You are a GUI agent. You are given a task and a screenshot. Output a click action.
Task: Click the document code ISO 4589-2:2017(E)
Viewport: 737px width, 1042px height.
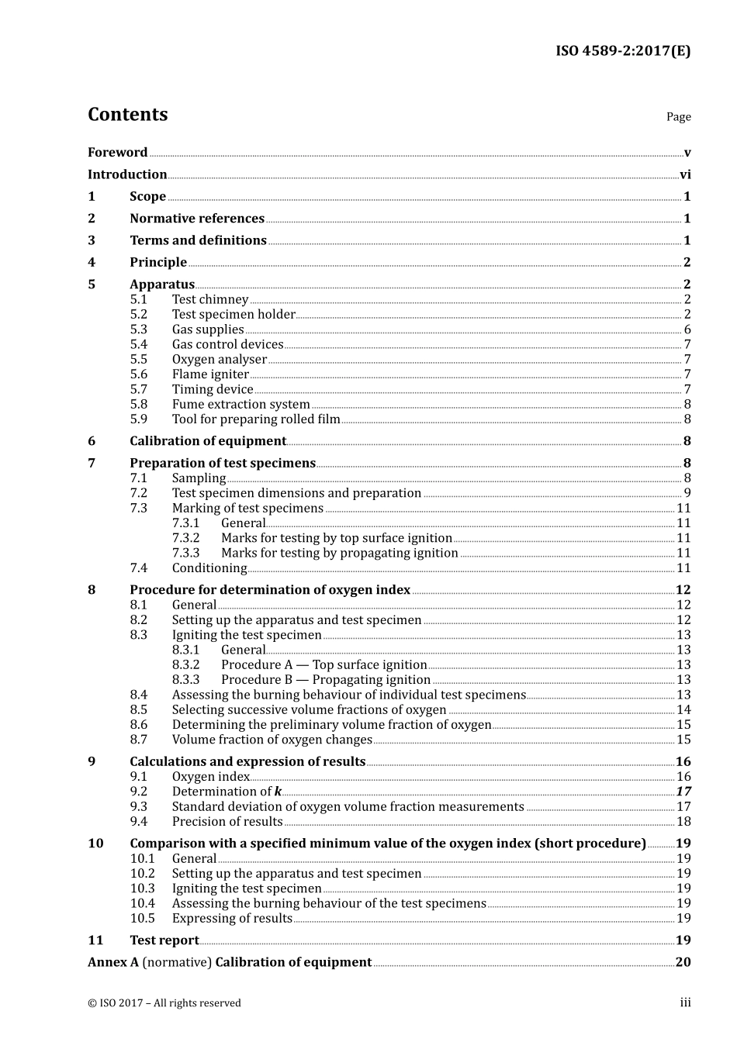click(622, 51)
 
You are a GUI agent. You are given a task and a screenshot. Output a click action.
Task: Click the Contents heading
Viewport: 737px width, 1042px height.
click(127, 115)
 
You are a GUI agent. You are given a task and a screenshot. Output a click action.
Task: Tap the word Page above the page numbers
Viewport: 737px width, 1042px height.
click(678, 117)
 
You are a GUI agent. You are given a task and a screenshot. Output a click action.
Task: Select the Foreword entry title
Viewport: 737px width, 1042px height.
click(117, 153)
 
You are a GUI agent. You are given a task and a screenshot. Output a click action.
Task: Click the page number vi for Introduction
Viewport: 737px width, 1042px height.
click(685, 174)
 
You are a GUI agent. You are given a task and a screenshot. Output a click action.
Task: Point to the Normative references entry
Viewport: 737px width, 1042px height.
click(197, 219)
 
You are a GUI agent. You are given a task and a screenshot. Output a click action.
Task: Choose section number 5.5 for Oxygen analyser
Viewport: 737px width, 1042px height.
click(138, 359)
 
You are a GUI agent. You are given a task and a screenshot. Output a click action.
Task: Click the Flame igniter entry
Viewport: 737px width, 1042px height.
click(210, 374)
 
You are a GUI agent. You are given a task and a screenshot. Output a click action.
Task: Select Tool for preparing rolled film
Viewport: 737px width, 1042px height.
click(256, 419)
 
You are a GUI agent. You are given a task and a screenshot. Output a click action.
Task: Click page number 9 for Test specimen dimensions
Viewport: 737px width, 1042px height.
click(687, 493)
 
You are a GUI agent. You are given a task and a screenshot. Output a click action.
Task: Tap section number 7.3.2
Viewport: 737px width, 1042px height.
click(185, 538)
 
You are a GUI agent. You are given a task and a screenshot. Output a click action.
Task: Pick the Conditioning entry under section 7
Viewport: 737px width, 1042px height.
click(209, 568)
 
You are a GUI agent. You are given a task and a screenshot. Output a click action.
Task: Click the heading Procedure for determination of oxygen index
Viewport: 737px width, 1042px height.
click(270, 590)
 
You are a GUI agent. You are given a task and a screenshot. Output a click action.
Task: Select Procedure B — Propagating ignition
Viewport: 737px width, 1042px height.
click(326, 680)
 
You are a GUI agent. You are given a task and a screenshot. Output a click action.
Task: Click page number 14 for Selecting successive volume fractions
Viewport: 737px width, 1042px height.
click(683, 710)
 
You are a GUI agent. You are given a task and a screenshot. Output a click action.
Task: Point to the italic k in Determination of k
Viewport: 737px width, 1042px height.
click(278, 792)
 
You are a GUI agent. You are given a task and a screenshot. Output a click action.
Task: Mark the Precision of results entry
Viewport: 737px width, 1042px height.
click(227, 822)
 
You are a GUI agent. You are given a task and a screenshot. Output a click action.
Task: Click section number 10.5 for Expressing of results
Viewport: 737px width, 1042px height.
click(142, 919)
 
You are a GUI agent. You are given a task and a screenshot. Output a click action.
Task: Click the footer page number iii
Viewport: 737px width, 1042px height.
click(685, 1003)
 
